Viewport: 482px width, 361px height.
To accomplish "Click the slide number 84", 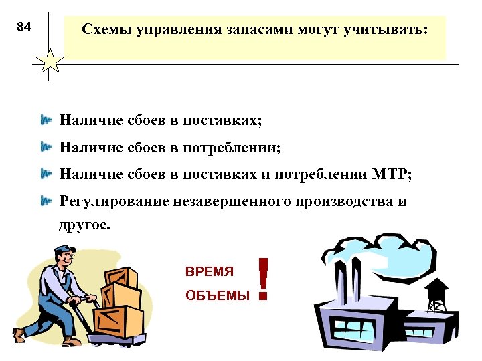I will point(23,27).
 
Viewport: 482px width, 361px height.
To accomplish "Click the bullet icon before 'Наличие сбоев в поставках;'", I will point(46,121).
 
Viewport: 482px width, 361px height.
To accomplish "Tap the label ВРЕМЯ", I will point(210,272).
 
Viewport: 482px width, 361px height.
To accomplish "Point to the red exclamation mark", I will point(263,279).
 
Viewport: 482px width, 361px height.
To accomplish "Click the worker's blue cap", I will point(64,253).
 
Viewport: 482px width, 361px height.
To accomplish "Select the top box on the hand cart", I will point(121,277).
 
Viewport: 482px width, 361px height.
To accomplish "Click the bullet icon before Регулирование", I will point(46,201).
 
